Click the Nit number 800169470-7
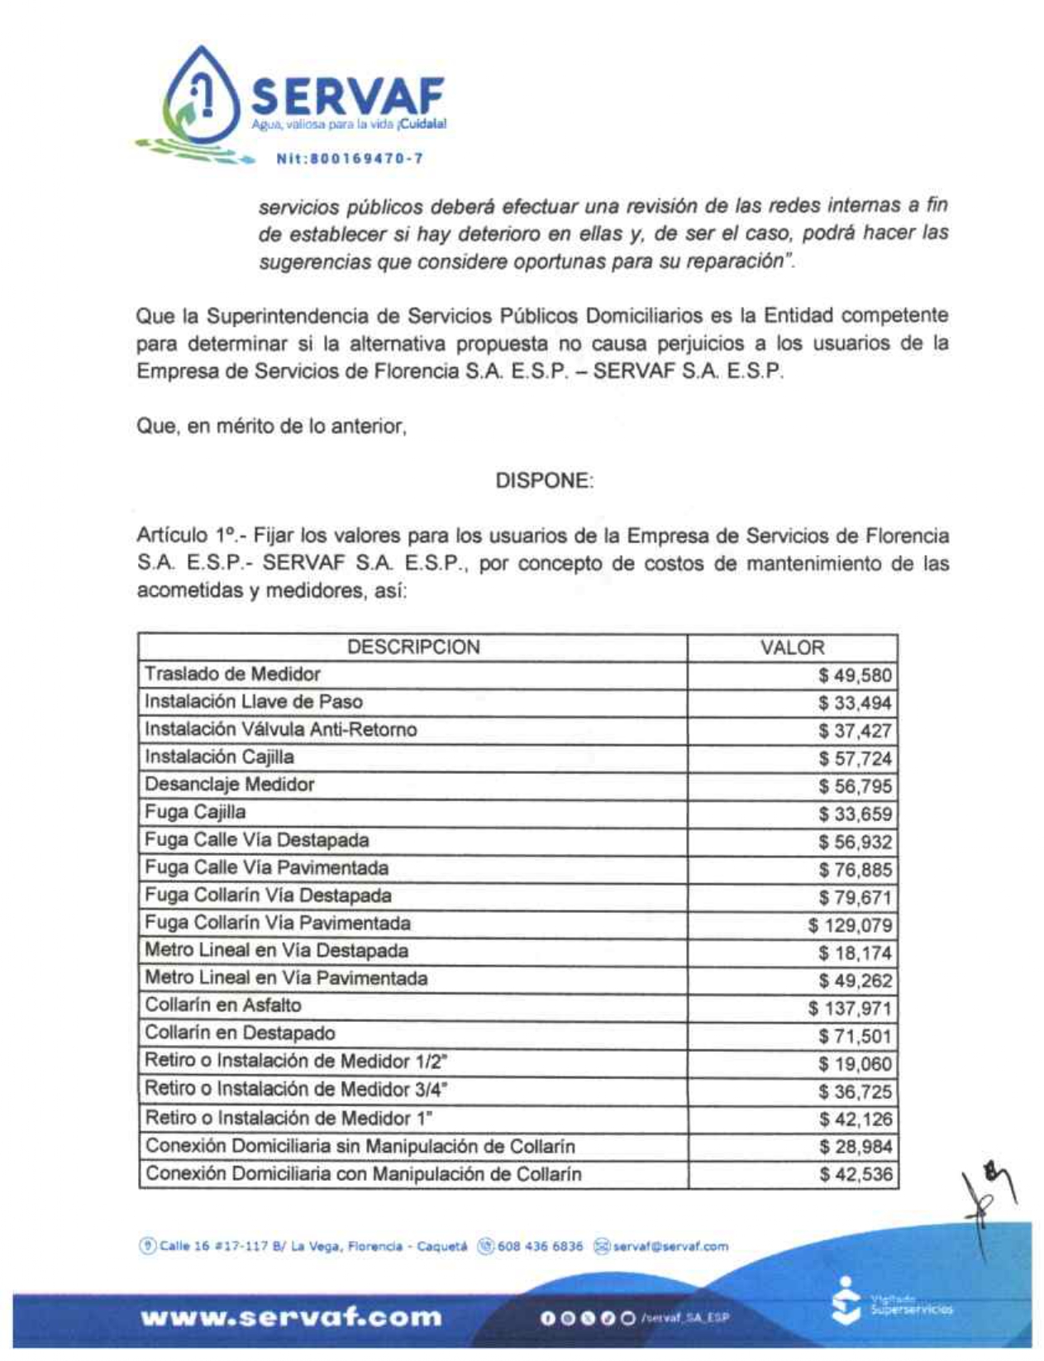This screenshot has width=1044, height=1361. pos(349,158)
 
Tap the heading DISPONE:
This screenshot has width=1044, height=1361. pos(544,480)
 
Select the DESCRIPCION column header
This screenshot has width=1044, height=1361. pos(413,647)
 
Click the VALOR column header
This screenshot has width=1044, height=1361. pos(792,647)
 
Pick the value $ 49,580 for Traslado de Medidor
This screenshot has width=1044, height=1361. pos(855,676)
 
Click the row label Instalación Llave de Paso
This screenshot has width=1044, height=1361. pos(253,702)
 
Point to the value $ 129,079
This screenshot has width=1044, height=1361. pos(850,925)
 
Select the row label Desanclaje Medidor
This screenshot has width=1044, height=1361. pos(229,785)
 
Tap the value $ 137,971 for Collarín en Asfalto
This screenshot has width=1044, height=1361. pos(850,1008)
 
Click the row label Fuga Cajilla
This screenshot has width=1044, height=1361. pos(195,812)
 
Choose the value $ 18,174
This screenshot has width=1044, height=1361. pos(855,953)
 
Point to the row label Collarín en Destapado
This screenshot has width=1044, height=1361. pos(240,1034)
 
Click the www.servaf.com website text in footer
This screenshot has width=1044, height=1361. pos(291,1316)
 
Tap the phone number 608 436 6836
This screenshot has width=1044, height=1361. pos(540,1246)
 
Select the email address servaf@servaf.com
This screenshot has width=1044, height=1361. pos(670,1246)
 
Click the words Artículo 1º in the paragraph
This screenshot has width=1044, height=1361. pos(188,536)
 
